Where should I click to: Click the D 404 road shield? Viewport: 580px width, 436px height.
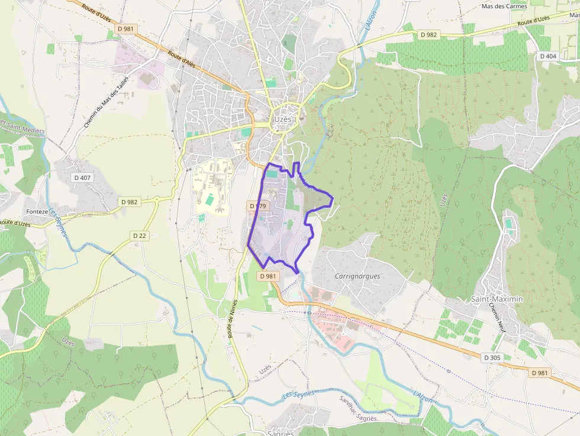click(x=548, y=56)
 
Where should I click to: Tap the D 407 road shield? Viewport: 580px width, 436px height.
click(x=82, y=177)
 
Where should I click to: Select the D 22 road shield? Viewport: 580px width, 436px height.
click(x=140, y=235)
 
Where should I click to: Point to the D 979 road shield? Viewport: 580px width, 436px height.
click(x=259, y=206)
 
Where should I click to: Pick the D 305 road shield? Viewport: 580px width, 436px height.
click(x=492, y=358)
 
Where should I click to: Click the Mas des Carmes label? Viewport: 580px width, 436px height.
click(x=504, y=7)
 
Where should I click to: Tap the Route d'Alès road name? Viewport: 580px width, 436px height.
click(x=181, y=60)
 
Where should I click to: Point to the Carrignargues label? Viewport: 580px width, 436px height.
click(x=357, y=276)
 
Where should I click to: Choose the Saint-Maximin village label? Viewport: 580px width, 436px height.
click(x=497, y=299)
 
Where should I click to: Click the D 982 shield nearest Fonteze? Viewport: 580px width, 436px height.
click(x=129, y=202)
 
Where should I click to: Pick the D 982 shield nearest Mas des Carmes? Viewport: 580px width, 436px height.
click(x=428, y=35)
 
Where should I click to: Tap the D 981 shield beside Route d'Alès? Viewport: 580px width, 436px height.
click(x=125, y=28)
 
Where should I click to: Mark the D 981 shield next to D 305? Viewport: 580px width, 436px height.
click(x=539, y=373)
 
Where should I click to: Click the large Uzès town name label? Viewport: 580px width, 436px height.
click(x=283, y=119)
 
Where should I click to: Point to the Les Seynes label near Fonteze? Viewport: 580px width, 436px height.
click(x=57, y=221)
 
